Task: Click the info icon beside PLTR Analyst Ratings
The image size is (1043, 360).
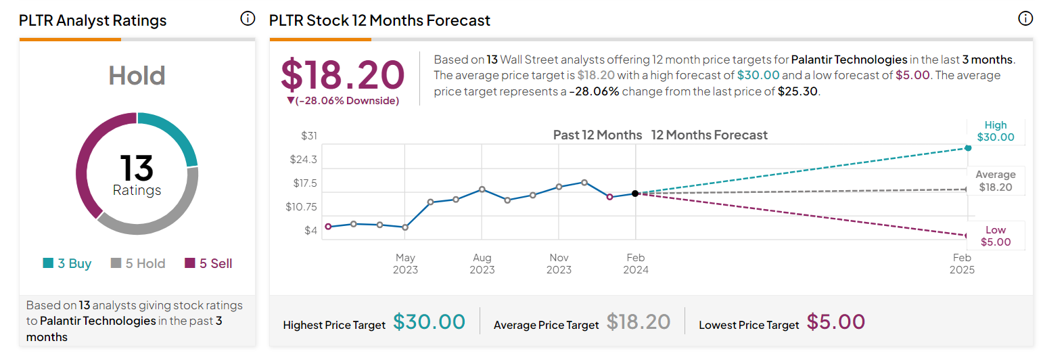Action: point(248,18)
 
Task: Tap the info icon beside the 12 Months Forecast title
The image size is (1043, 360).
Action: point(1025,18)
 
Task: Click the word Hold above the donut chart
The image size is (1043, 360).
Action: point(137,76)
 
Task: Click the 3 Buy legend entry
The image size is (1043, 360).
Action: point(67,264)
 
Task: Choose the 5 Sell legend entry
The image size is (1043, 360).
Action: point(208,264)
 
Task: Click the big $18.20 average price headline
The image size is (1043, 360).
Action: point(342,75)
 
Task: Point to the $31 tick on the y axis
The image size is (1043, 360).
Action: point(308,136)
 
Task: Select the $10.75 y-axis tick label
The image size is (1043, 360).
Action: point(301,207)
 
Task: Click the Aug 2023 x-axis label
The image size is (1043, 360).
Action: point(482,264)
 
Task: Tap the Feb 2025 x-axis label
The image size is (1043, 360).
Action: point(962,264)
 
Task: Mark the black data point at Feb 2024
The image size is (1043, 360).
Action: point(635,194)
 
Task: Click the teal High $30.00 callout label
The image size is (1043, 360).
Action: point(996,131)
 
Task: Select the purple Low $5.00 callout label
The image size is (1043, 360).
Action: point(996,236)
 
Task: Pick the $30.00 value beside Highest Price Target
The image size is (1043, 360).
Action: point(429,321)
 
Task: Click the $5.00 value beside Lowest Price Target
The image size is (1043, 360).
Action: point(836,321)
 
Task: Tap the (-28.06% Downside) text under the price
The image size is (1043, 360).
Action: point(342,101)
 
